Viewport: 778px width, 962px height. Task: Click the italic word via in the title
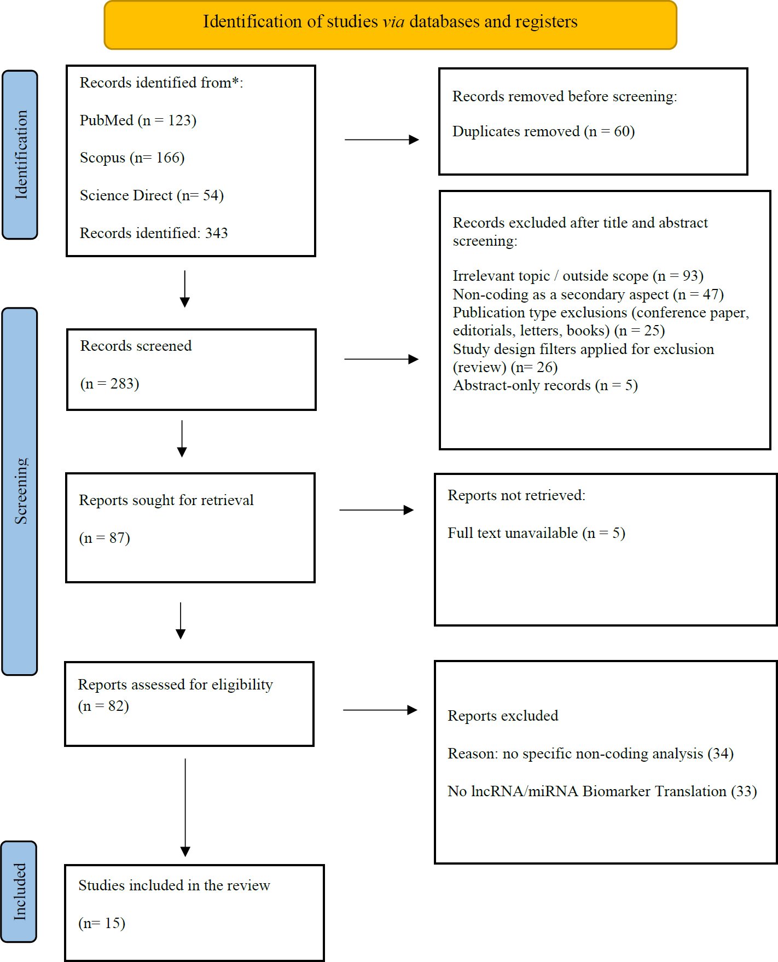point(393,21)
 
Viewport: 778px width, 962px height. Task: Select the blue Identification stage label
point(20,155)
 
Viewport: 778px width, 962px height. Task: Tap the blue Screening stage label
point(20,491)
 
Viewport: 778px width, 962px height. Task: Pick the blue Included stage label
point(19,891)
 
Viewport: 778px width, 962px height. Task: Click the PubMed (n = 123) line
point(138,120)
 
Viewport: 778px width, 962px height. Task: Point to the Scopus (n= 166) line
point(132,158)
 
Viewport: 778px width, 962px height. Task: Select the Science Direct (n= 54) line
point(152,195)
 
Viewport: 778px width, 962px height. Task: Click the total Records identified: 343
point(154,233)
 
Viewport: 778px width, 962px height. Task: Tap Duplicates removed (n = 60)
point(543,131)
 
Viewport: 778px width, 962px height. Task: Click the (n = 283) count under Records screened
point(110,384)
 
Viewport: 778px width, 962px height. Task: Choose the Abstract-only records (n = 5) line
point(545,385)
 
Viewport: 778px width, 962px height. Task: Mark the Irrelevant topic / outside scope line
point(578,276)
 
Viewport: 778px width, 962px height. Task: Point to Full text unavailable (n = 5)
point(536,533)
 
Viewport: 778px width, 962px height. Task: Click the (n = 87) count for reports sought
point(104,538)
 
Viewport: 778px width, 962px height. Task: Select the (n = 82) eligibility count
point(103,706)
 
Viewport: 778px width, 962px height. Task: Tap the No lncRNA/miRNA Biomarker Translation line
point(602,791)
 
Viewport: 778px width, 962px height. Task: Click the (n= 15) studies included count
point(102,923)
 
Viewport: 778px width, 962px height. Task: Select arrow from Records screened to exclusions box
point(381,359)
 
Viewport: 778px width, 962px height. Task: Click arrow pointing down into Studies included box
point(185,808)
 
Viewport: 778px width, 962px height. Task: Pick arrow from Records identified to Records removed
point(382,140)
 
